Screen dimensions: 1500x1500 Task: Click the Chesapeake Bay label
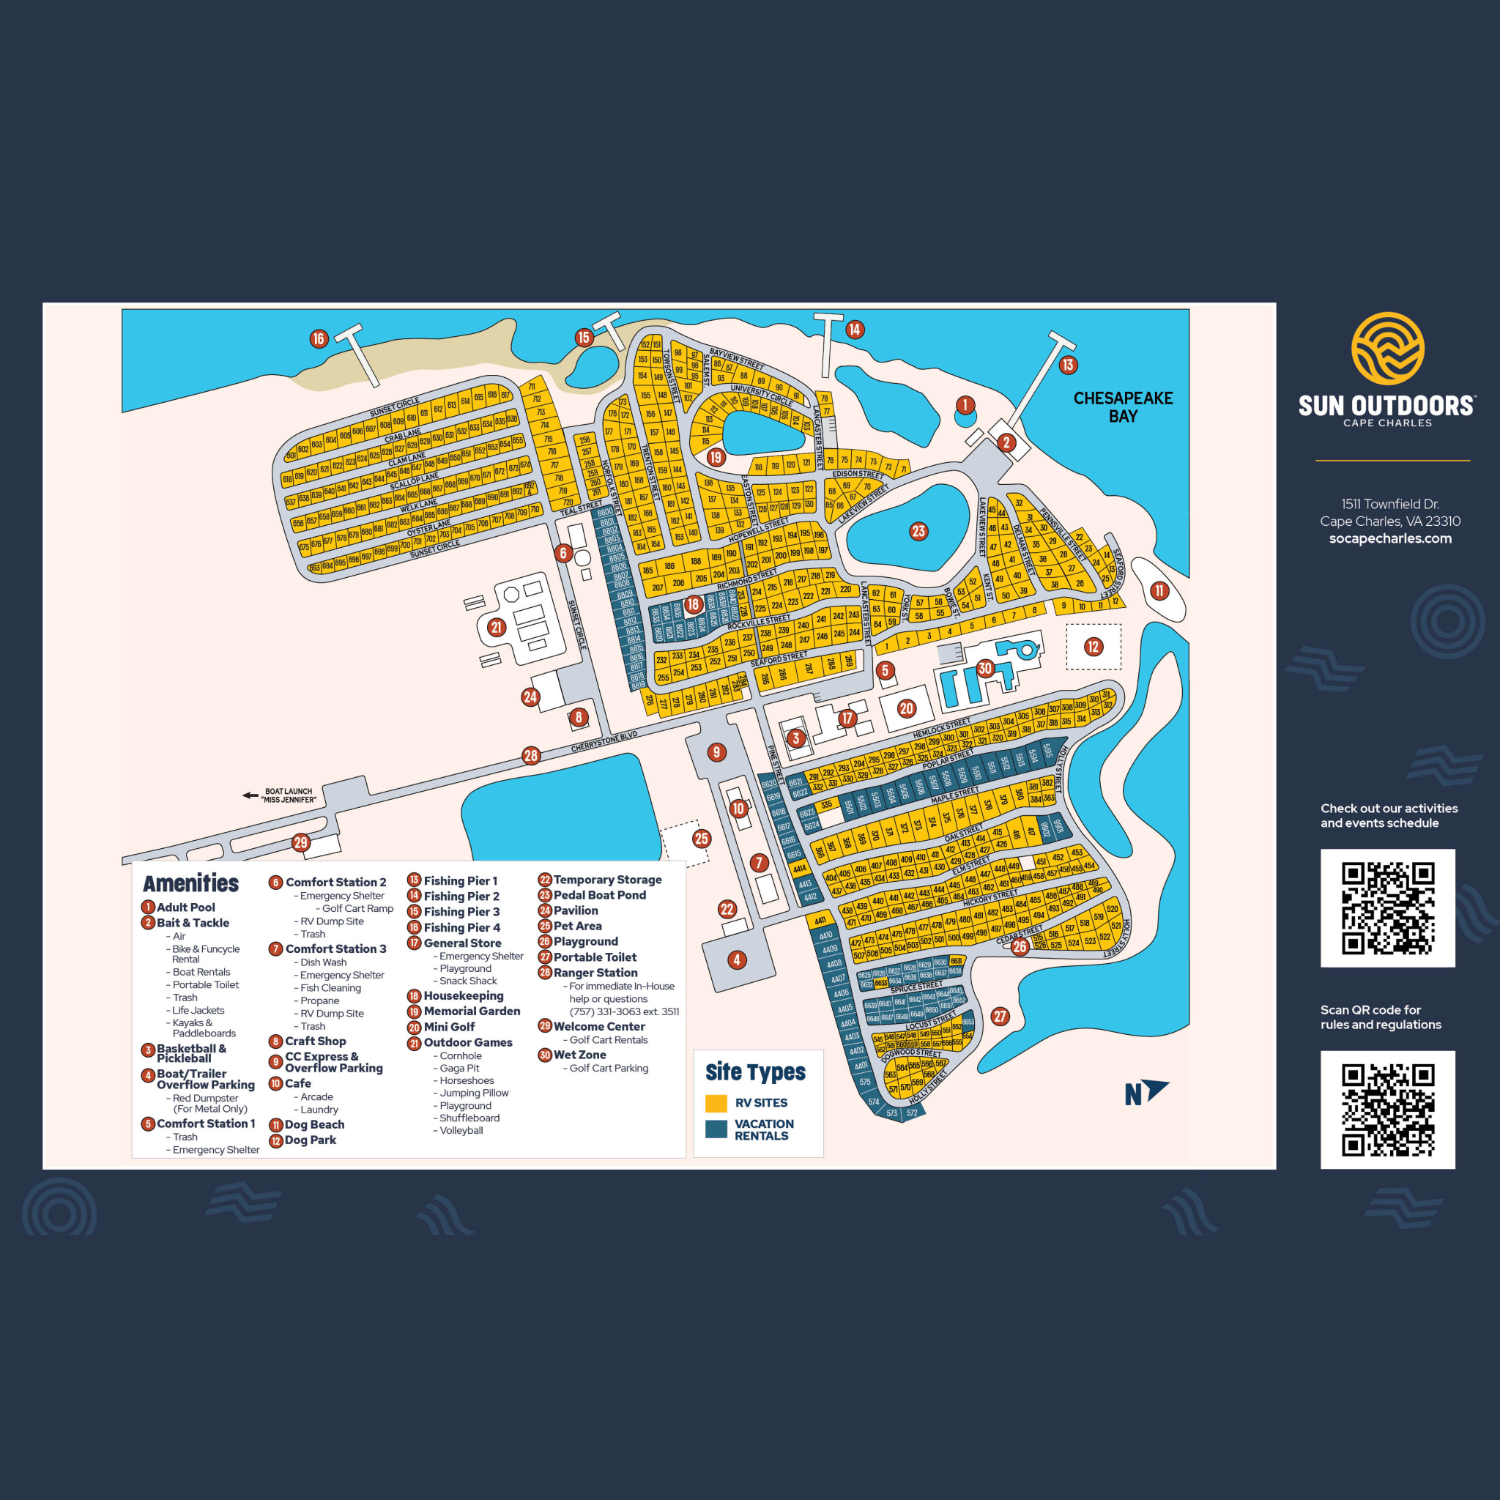point(1123,406)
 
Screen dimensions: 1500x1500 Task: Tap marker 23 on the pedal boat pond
point(918,531)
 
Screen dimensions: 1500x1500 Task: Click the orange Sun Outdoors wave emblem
point(1387,349)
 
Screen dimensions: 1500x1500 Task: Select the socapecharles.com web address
point(1389,538)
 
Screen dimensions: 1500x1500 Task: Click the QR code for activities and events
point(1387,907)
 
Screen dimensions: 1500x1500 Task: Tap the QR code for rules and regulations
point(1387,1110)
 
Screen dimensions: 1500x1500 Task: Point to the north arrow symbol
point(1146,1091)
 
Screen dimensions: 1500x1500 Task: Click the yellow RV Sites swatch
point(716,1102)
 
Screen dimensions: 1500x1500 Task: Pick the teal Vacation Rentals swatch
point(716,1128)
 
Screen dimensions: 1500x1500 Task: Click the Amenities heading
point(191,883)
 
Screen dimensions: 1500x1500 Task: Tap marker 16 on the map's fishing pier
point(319,338)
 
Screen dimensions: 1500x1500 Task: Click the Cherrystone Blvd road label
point(604,741)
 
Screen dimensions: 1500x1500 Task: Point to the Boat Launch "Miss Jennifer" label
point(288,795)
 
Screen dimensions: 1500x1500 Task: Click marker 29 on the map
point(300,842)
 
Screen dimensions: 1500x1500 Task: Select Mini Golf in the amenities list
point(449,1026)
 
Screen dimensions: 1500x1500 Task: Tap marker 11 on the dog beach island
point(1159,590)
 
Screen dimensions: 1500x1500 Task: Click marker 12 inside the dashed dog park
point(1094,646)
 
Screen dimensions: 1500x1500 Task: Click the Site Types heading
point(754,1072)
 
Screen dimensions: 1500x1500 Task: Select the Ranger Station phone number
point(623,1011)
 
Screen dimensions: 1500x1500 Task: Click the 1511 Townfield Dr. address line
point(1389,504)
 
